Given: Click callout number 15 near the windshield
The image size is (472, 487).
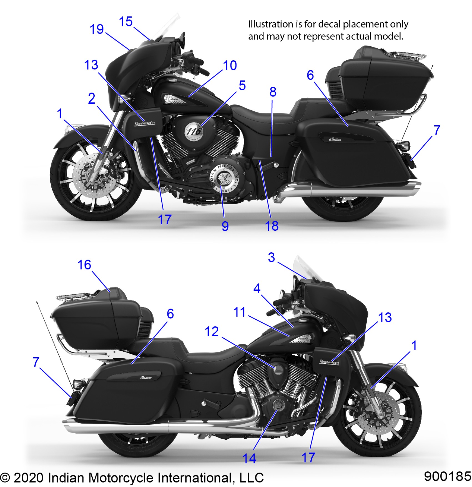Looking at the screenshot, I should pyautogui.click(x=125, y=22).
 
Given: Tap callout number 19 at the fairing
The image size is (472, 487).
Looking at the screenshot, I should pyautogui.click(x=97, y=29).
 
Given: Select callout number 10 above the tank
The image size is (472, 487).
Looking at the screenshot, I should pyautogui.click(x=230, y=66).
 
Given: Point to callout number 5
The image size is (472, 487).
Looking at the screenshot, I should pyautogui.click(x=242, y=86).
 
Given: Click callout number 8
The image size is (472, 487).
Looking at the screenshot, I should pyautogui.click(x=273, y=92).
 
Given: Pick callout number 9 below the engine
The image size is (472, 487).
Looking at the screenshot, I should pyautogui.click(x=225, y=226).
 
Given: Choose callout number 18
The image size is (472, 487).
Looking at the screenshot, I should pyautogui.click(x=272, y=226).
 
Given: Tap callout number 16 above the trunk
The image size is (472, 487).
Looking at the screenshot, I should pyautogui.click(x=84, y=265).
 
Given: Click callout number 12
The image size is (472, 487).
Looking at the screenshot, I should pyautogui.click(x=212, y=332).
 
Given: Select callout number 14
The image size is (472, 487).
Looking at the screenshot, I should pyautogui.click(x=249, y=458).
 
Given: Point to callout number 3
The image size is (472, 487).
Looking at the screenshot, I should pyautogui.click(x=271, y=257).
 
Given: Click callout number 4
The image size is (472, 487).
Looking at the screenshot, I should pyautogui.click(x=257, y=289).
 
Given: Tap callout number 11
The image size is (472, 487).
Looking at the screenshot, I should pyautogui.click(x=239, y=312).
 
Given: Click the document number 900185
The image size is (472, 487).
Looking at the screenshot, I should pyautogui.click(x=447, y=476).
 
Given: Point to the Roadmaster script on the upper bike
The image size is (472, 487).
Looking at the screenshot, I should pyautogui.click(x=145, y=123).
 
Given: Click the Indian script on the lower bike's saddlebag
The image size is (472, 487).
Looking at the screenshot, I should pyautogui.click(x=146, y=378).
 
